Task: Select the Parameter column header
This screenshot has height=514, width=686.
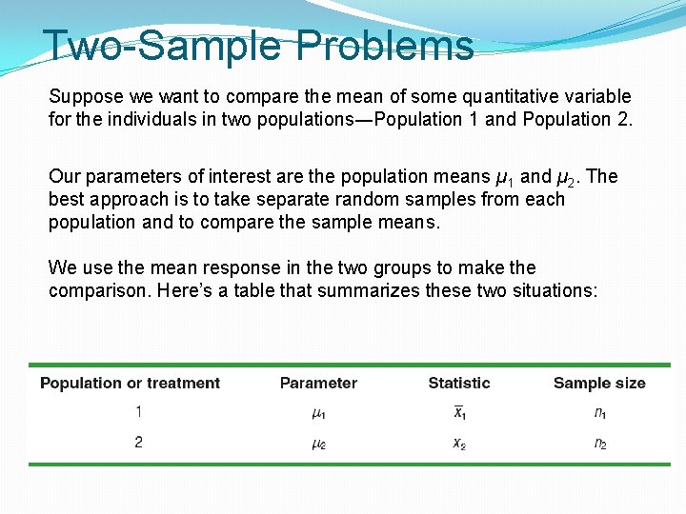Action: coord(318,384)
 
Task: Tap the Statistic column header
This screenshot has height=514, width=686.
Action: coord(459,384)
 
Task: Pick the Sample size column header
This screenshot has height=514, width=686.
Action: coord(598,384)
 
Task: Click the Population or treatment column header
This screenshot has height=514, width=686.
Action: coord(130,384)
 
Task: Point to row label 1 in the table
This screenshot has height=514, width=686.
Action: coord(139,412)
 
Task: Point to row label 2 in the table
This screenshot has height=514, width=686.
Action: coord(139,443)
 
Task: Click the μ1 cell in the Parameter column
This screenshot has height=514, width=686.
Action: coord(318,413)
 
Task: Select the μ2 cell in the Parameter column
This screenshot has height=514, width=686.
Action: coord(318,444)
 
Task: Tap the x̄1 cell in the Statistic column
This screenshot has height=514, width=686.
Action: coord(459,413)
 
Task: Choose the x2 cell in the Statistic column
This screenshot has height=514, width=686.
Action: coord(459,444)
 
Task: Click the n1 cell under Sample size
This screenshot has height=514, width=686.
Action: coord(600,413)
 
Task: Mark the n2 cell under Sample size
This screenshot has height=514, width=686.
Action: coord(600,444)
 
